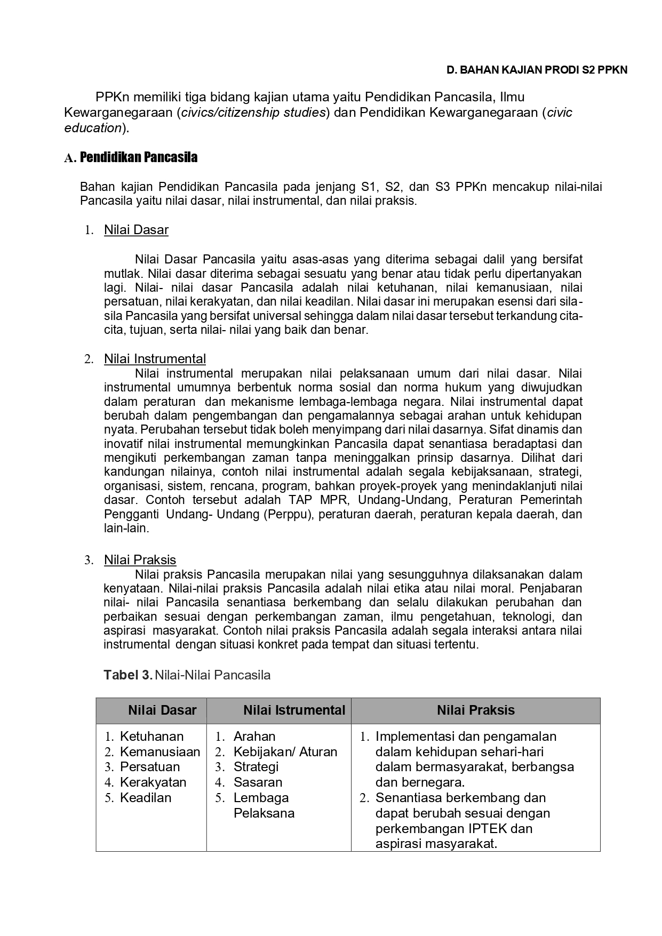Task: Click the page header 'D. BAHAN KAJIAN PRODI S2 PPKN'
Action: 537,70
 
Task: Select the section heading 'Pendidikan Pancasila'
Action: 138,157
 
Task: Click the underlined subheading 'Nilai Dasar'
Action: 136,230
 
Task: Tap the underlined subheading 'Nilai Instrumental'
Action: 155,359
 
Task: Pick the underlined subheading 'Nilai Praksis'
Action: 140,560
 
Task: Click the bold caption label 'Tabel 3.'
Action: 128,675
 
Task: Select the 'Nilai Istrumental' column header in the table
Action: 294,710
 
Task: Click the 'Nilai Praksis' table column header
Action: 475,710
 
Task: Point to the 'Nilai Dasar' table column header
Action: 162,710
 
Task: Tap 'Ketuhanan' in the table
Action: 151,737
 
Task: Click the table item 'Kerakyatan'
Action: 153,782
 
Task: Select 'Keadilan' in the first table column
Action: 146,798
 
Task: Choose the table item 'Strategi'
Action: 256,767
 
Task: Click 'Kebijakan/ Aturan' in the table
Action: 285,752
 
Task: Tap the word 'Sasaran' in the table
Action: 258,782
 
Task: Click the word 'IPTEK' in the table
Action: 488,829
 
